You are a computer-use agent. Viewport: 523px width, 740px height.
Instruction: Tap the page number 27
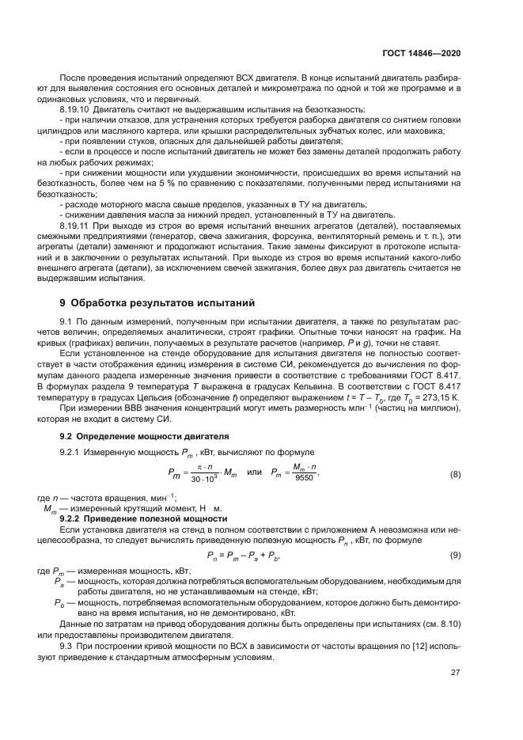(456, 674)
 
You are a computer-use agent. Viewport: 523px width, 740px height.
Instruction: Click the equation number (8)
(455, 474)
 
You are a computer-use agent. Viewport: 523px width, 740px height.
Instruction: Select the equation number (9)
(455, 555)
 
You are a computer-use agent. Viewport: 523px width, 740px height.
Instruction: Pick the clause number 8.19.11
(76, 226)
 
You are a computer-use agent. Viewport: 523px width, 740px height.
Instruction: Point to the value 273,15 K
(439, 396)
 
